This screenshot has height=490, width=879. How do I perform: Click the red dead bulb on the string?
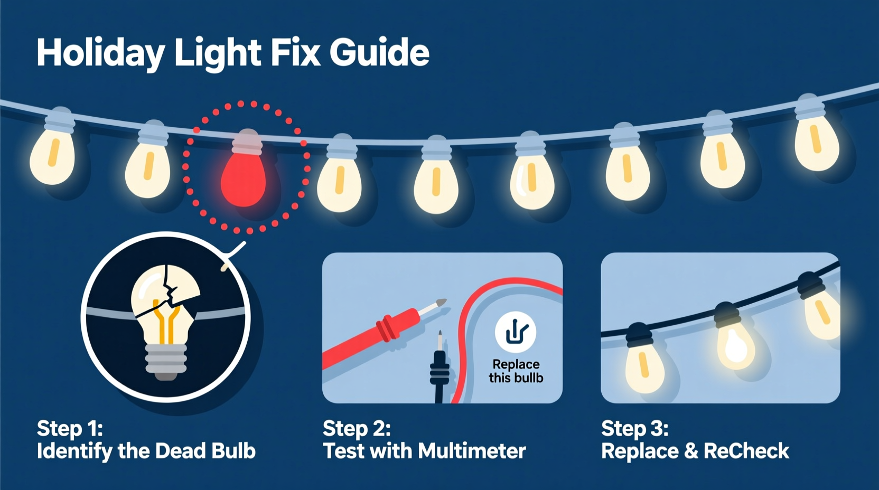point(243,180)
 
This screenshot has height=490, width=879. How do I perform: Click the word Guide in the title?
point(379,53)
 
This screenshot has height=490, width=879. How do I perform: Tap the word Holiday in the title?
point(100,53)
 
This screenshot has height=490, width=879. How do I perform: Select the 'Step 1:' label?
point(70,428)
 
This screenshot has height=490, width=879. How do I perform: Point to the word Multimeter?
point(472,451)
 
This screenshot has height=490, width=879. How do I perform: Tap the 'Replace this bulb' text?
point(516,371)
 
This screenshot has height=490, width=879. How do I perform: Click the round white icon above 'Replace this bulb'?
point(516,332)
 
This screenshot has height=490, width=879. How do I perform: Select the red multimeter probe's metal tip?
point(439,304)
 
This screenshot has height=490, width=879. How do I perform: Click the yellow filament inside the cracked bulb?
point(166,322)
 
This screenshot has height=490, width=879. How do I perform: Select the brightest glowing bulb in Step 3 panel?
point(735,346)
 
